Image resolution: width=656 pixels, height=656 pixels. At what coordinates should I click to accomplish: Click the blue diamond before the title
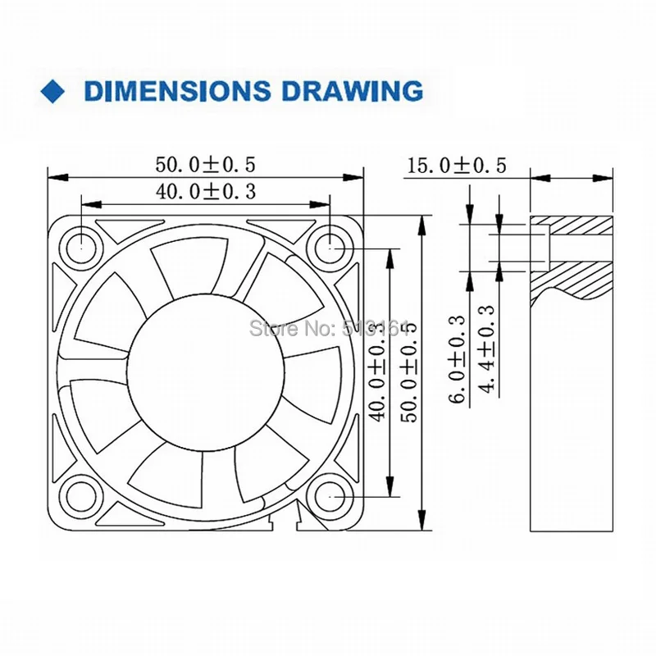tap(55, 90)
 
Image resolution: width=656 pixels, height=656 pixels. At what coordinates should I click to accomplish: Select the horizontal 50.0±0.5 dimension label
tap(207, 164)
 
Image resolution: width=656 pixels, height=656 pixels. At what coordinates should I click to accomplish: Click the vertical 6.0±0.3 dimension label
tap(459, 358)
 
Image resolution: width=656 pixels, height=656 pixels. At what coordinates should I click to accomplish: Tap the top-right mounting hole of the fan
tap(330, 244)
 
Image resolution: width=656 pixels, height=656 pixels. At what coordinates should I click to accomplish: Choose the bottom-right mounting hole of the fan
tap(330, 495)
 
